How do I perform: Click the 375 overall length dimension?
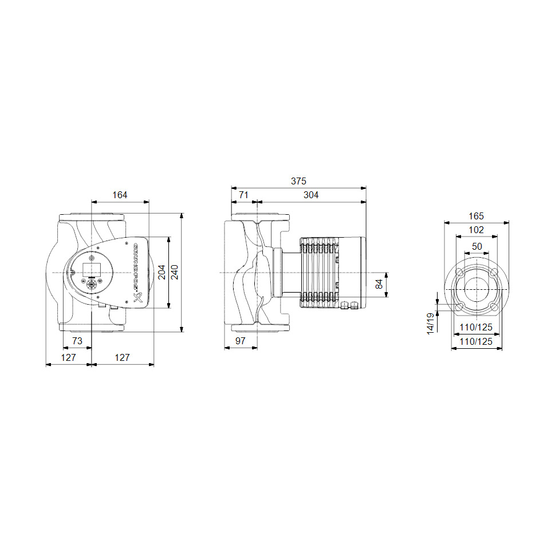(298, 181)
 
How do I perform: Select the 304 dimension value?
(311, 195)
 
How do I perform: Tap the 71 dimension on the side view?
(244, 195)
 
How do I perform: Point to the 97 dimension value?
(241, 341)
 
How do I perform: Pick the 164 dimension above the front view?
(120, 195)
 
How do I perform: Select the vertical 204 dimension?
(162, 272)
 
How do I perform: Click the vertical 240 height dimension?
(174, 272)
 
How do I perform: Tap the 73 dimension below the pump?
(77, 341)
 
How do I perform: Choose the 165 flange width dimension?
(477, 216)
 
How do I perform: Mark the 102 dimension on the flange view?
(477, 230)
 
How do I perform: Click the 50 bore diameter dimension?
(477, 246)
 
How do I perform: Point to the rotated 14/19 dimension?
(431, 323)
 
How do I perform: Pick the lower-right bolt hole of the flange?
(494, 307)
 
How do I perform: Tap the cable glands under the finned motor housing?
(349, 306)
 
